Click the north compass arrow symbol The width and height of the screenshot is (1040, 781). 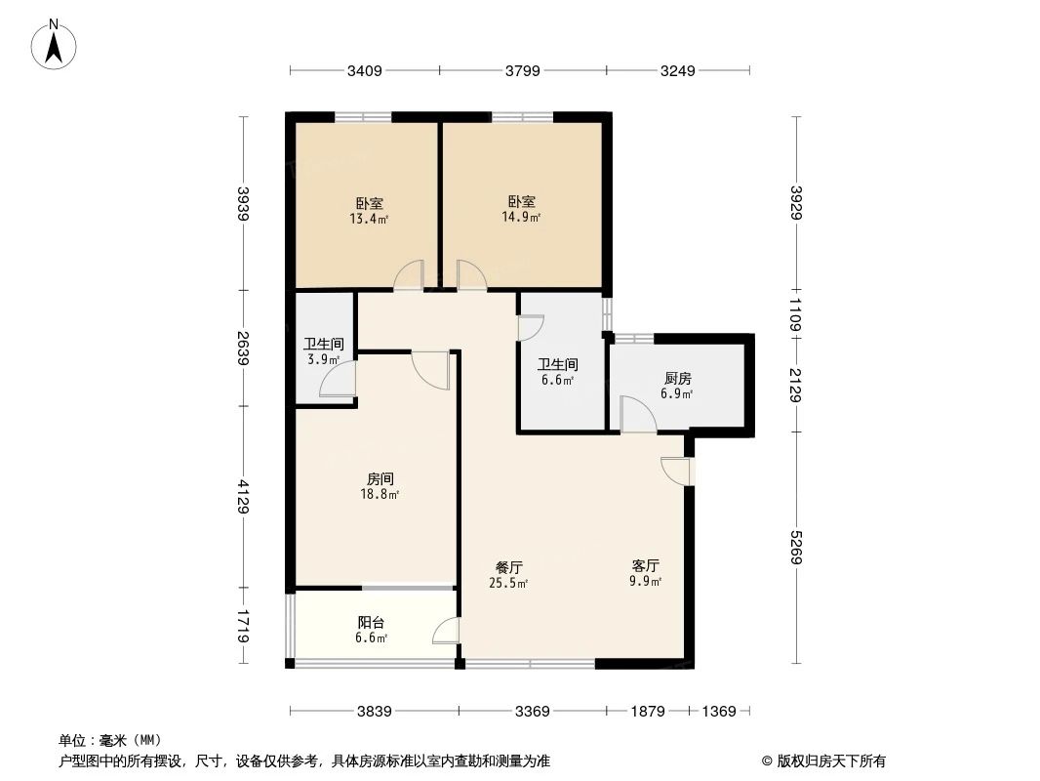56,44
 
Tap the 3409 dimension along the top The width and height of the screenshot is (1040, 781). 364,71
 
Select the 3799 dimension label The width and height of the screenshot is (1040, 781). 522,71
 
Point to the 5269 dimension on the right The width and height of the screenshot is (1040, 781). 796,548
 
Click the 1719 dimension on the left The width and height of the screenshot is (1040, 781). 244,626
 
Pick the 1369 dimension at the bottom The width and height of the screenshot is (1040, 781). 718,712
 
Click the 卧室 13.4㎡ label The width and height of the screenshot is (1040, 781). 370,211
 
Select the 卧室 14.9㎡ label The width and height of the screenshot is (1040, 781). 521,209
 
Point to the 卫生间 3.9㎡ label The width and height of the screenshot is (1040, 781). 323,351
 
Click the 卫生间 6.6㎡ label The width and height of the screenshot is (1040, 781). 558,372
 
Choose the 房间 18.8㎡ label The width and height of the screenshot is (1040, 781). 380,486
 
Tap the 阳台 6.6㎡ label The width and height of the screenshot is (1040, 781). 371,629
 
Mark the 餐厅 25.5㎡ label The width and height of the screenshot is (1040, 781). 509,575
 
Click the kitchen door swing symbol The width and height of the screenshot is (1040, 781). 638,415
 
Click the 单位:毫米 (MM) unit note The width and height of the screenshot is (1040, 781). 110,740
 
